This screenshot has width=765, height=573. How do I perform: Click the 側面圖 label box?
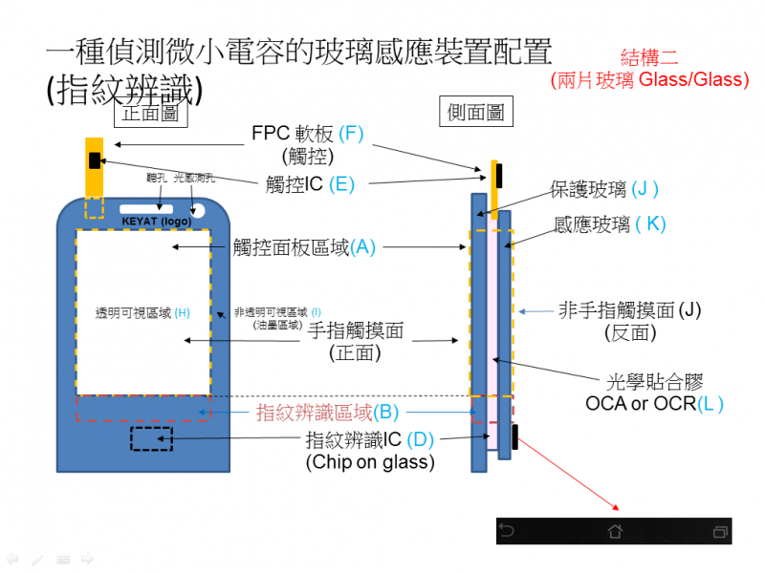tap(476, 112)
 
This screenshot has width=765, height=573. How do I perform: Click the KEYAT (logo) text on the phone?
tap(157, 222)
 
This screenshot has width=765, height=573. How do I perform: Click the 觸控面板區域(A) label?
tap(305, 246)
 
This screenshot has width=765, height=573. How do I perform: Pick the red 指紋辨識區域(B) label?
tap(327, 413)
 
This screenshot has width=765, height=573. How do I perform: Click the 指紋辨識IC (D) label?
tap(369, 440)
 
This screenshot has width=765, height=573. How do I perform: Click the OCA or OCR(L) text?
tap(654, 404)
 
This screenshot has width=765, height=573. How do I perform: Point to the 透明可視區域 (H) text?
tap(142, 312)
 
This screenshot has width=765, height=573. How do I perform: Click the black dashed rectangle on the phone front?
tap(152, 438)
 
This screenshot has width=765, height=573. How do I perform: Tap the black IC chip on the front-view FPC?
tap(94, 159)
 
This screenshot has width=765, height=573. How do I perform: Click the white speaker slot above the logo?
tap(146, 207)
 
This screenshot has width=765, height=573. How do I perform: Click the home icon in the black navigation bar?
tap(614, 531)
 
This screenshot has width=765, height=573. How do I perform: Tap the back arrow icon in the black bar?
tap(508, 531)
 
